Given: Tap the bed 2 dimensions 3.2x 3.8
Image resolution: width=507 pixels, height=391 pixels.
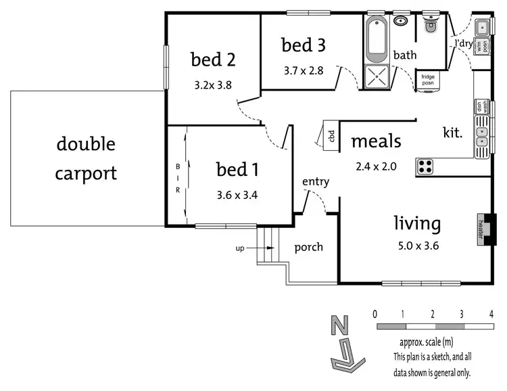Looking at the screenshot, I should click(x=213, y=86).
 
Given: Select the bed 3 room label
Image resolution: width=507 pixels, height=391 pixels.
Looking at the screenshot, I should click(x=304, y=45).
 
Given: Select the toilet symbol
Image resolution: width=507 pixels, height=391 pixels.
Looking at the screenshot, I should click(x=430, y=26).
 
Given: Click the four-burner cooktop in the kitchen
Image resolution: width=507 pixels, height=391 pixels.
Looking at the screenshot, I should click(x=425, y=165).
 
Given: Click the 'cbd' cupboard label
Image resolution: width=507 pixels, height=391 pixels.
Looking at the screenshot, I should click(x=332, y=135).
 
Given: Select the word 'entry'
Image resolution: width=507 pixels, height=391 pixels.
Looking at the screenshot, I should click(x=316, y=181).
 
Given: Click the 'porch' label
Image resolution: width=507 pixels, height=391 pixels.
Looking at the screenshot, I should click(x=308, y=247).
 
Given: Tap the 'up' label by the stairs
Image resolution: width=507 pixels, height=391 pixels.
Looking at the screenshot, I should click(x=239, y=248).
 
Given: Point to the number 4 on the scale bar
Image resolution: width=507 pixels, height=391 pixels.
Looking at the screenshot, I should click(x=491, y=315).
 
